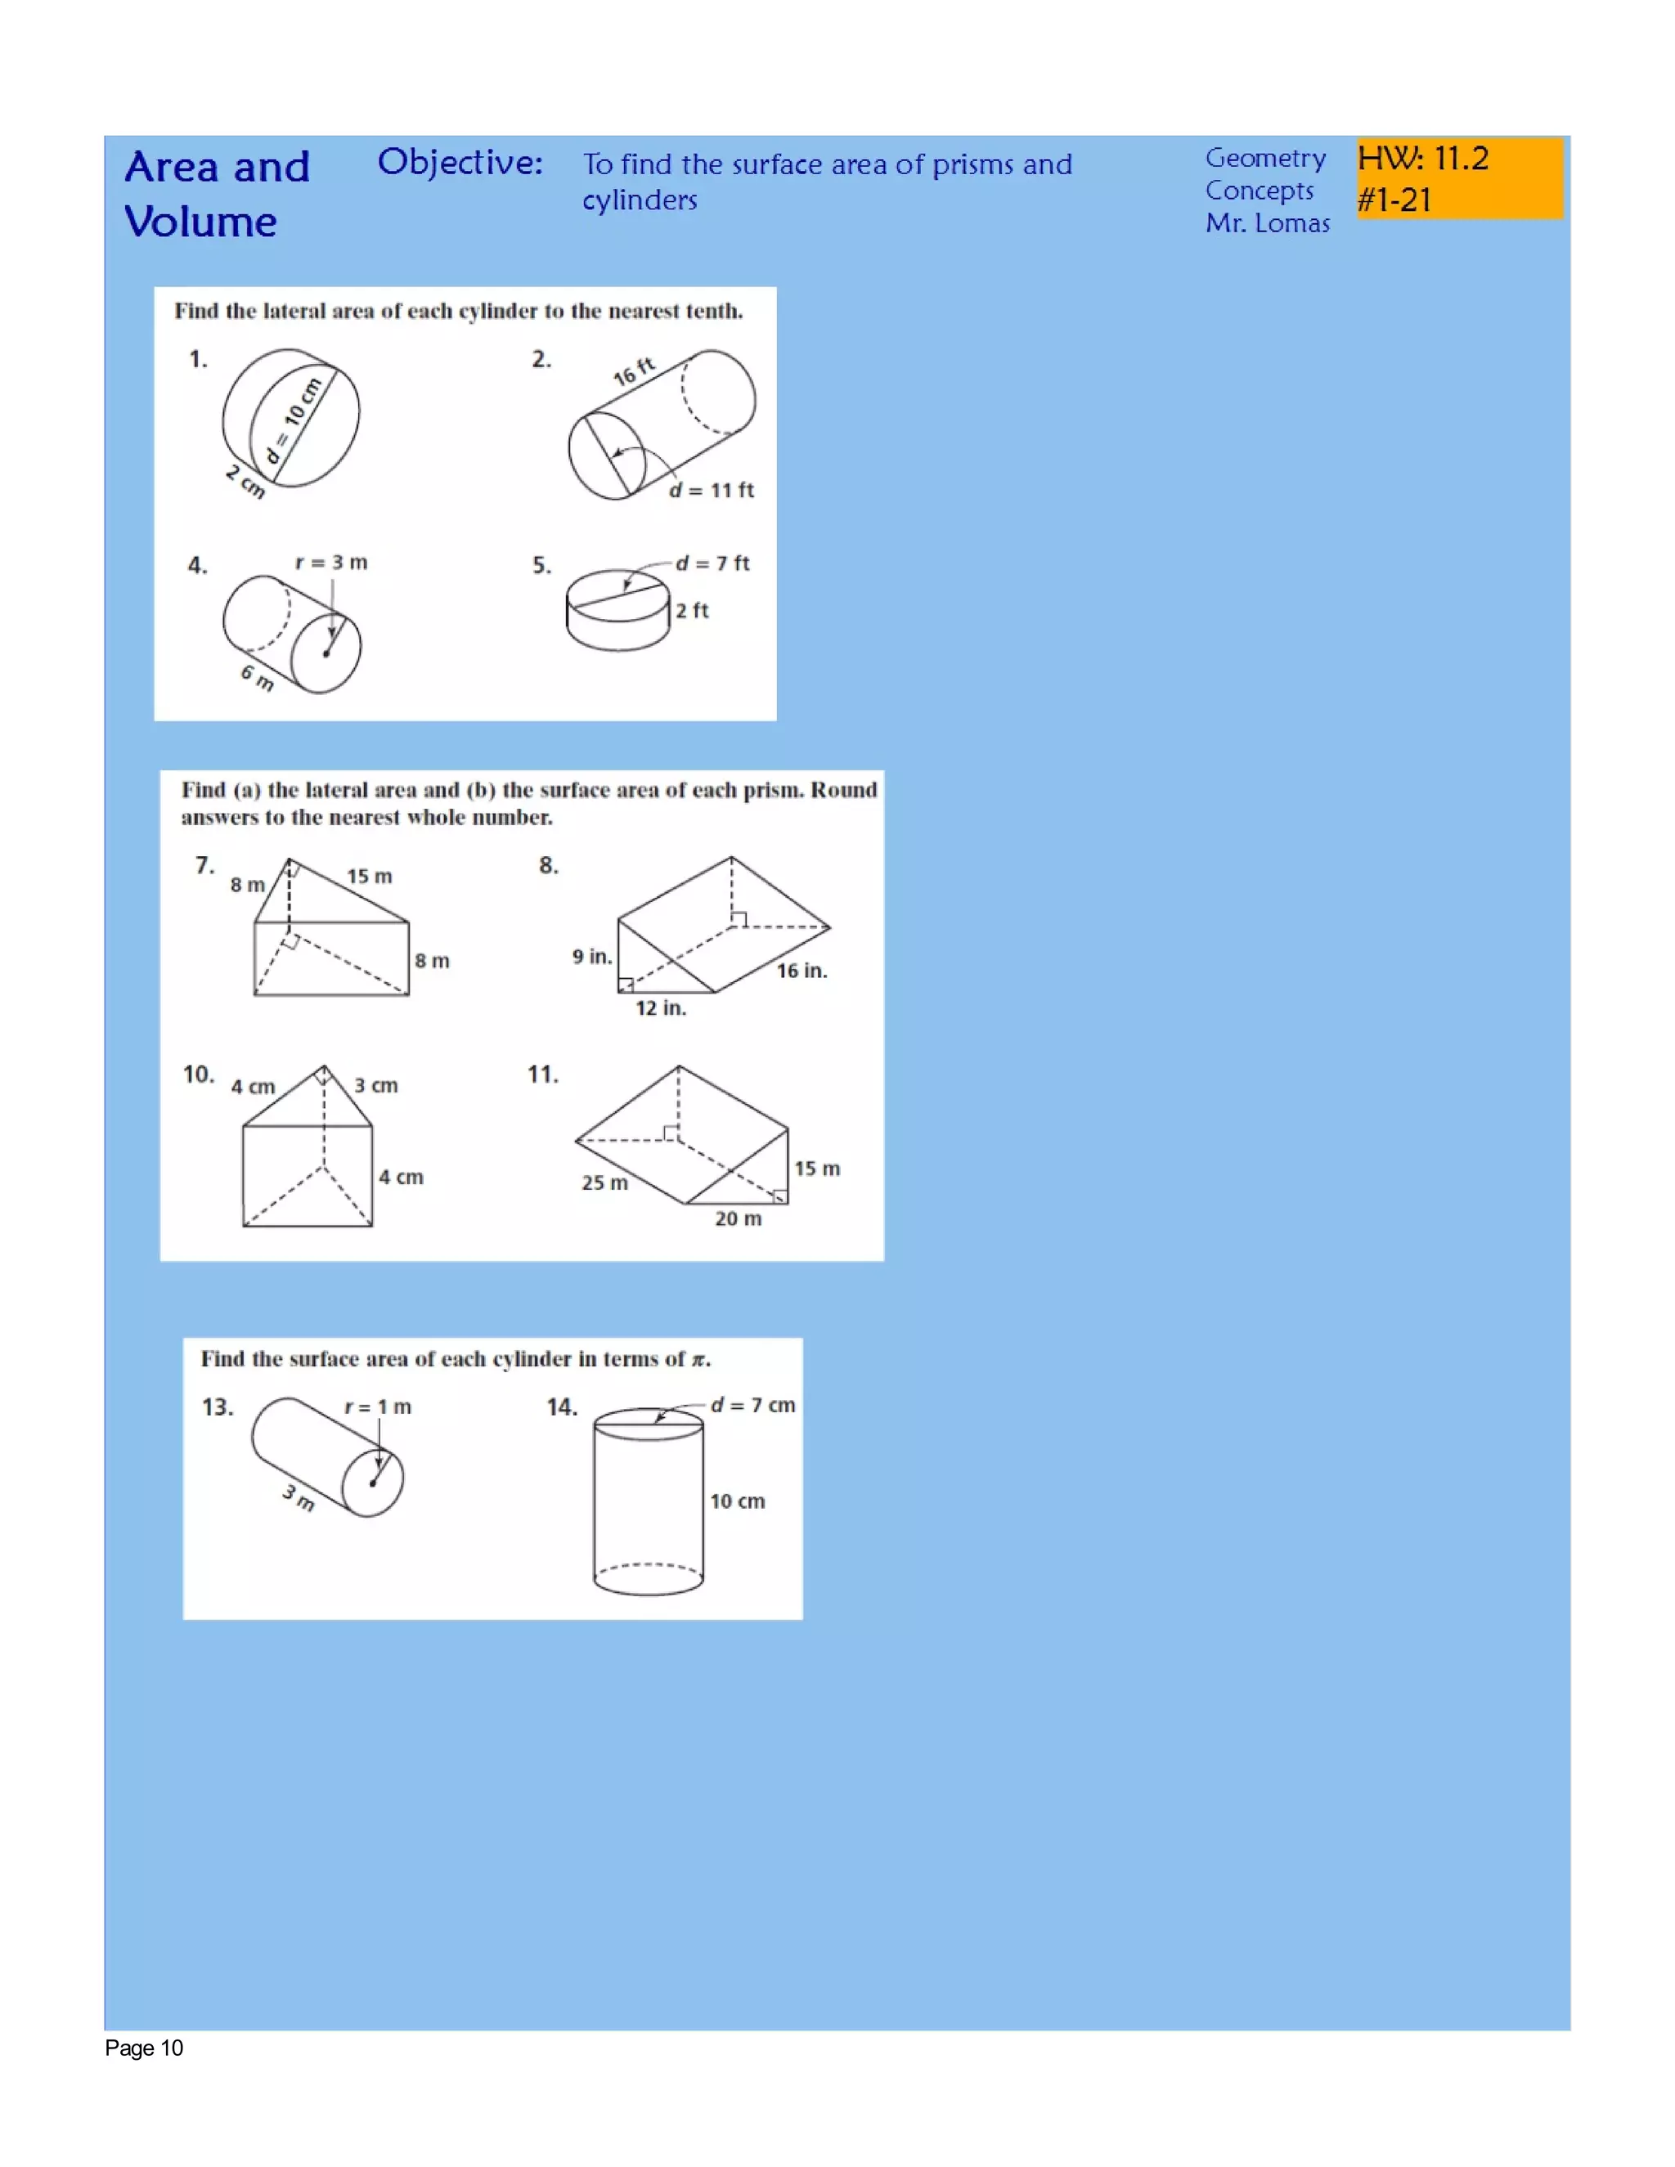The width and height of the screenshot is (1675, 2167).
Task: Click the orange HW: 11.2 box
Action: (x=1459, y=178)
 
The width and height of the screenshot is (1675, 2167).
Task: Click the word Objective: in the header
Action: (x=460, y=162)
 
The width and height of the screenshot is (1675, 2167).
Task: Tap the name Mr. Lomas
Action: (x=1266, y=223)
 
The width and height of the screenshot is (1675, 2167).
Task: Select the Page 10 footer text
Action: (x=144, y=2048)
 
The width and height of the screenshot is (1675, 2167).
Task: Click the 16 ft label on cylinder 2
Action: (x=633, y=371)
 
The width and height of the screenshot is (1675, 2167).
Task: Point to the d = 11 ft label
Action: (x=712, y=490)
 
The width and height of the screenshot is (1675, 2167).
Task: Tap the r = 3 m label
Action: (x=331, y=563)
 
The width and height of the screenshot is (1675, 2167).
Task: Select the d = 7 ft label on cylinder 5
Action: (x=712, y=563)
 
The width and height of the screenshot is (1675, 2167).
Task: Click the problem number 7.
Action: (x=204, y=866)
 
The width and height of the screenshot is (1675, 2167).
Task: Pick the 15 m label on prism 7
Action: (x=369, y=876)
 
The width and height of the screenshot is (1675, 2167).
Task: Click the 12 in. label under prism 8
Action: (x=661, y=1008)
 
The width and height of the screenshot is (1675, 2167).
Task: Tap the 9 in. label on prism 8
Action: (x=591, y=957)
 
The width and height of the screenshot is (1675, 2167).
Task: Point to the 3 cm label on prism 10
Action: (x=376, y=1085)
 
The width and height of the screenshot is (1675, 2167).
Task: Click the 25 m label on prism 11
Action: (x=604, y=1182)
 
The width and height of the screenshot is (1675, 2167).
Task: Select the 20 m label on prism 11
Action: (x=739, y=1218)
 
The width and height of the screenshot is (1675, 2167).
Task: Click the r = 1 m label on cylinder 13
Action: (x=377, y=1407)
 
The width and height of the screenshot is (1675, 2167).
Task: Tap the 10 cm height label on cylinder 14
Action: (x=737, y=1501)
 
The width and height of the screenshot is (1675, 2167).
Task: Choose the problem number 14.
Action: (x=562, y=1407)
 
